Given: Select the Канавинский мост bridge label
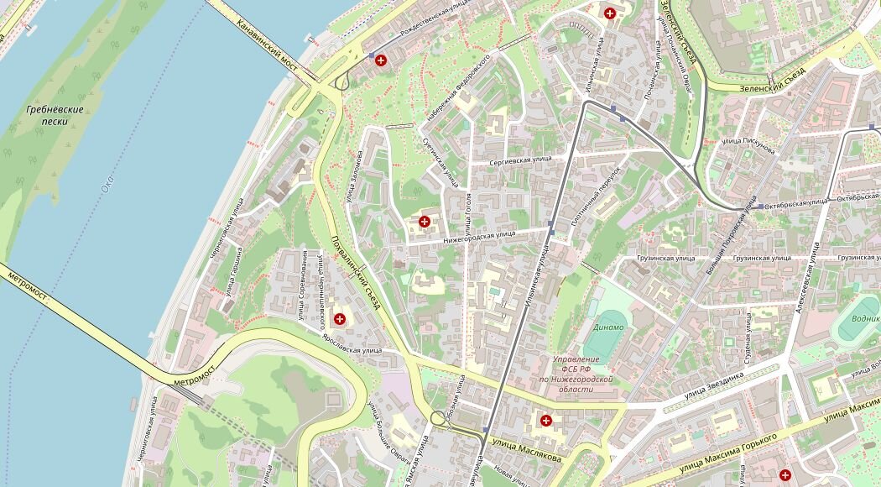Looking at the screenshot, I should (268, 45).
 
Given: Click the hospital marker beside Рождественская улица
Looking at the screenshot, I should (381, 60).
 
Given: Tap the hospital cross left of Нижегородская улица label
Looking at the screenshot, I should (425, 222).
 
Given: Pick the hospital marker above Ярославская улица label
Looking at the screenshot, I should (340, 318).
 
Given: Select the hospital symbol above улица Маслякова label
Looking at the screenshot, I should (546, 420).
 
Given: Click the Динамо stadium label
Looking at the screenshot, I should (608, 327).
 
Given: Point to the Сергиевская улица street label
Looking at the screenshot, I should (520, 158).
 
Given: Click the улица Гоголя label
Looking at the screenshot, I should (468, 213).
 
